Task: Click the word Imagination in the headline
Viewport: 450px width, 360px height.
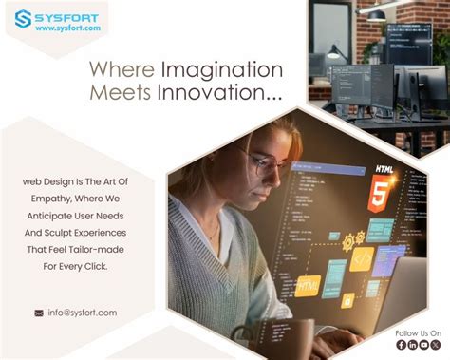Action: [222, 70]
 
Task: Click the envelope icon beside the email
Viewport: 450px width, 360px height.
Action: [39, 313]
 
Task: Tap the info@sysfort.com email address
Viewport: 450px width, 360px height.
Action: [82, 313]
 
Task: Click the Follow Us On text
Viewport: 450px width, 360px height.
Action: [419, 333]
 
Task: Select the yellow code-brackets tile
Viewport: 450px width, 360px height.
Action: [363, 257]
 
